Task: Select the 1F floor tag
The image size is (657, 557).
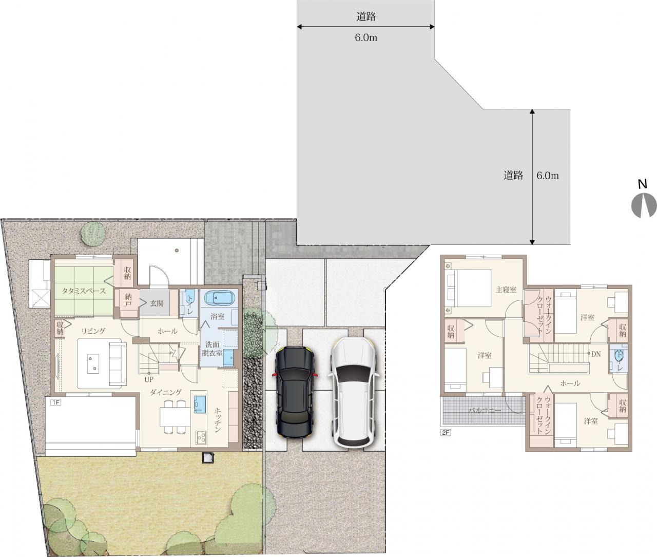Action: [55, 402]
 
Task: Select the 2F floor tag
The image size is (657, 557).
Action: [446, 432]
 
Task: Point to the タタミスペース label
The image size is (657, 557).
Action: [84, 291]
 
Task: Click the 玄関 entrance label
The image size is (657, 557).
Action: [157, 303]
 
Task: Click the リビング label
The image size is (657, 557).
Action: [93, 331]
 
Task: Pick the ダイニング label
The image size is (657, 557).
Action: [166, 392]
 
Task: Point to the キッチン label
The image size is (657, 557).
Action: [218, 420]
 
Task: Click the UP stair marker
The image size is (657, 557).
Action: [149, 379]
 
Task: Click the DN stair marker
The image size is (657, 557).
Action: [596, 354]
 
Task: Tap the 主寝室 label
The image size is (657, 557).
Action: [506, 290]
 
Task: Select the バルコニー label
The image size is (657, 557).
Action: [485, 411]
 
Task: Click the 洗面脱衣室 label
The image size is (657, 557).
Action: [212, 349]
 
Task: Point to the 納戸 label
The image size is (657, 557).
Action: [128, 301]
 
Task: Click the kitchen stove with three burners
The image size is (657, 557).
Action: [201, 438]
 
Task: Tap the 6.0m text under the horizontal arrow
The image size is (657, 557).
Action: [366, 38]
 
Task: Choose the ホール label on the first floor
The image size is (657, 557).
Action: [167, 331]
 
